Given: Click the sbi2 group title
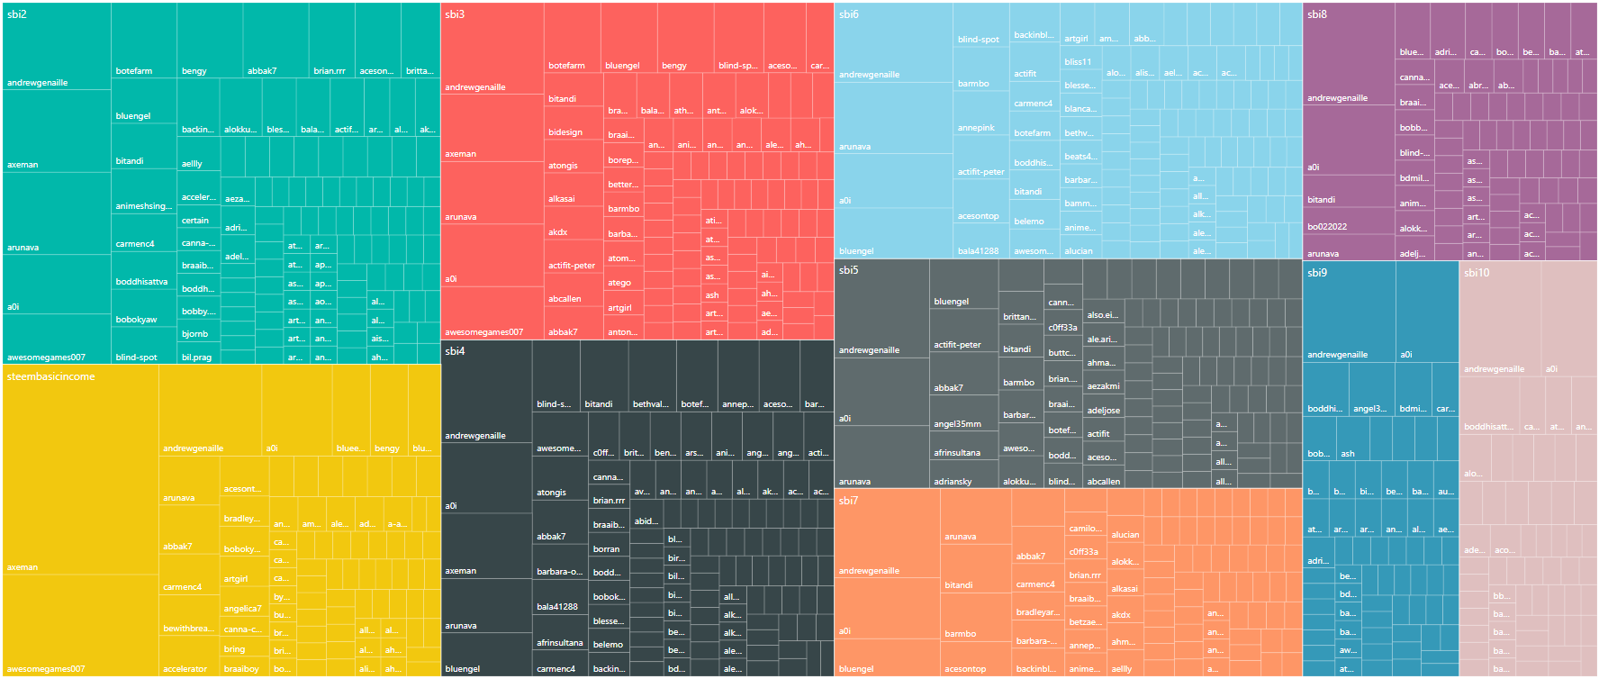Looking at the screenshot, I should tap(17, 14).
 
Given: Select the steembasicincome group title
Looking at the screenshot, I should tap(50, 376).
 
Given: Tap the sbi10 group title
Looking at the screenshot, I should tap(1477, 273).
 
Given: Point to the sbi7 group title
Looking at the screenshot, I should tap(848, 501).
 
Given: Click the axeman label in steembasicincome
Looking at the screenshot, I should tap(23, 567).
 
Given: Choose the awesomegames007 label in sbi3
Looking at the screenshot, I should tap(483, 332).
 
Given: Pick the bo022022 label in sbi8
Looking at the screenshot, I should tap(1326, 227).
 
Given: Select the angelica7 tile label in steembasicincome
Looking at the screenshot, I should tap(242, 609).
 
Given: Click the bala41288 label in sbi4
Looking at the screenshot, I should tap(556, 607).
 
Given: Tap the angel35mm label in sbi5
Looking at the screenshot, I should tap(957, 424).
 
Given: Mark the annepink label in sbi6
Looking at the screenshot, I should tap(976, 128).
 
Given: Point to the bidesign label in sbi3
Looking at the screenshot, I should tap(565, 132).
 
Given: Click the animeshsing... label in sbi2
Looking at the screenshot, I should tap(143, 206).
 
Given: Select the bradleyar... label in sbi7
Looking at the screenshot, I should tap(1037, 612).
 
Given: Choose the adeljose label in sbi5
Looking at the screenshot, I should tap(1103, 411).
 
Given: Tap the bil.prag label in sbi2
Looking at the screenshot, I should tap(196, 358).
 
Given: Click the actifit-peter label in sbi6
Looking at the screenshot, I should tap(980, 172).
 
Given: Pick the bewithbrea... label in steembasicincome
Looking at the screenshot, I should tap(188, 629).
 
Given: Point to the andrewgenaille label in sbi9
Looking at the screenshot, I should tap(1337, 355).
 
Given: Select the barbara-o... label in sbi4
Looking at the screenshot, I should tap(559, 572).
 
